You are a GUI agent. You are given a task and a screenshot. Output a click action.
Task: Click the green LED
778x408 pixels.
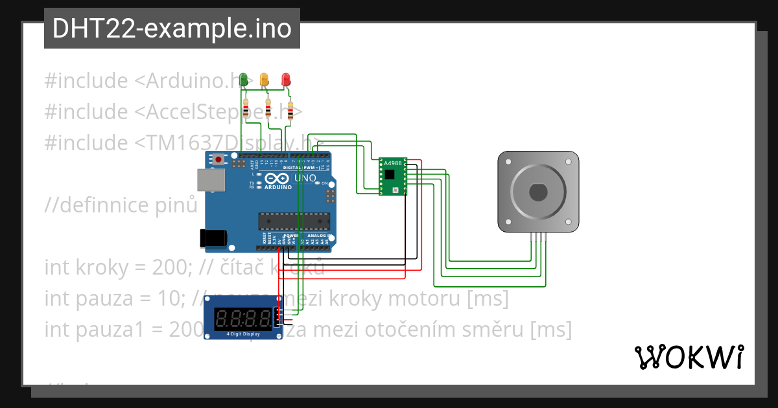(x=244, y=80)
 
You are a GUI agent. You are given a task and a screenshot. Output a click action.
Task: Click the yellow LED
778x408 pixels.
(x=265, y=80)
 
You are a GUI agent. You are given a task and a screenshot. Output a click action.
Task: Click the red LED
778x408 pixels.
(x=285, y=80)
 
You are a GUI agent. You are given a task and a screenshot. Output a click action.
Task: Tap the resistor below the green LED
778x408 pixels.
(x=246, y=111)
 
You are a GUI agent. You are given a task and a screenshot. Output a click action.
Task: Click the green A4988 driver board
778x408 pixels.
(x=392, y=176)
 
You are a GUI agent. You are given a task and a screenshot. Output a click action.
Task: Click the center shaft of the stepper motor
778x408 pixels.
(x=538, y=192)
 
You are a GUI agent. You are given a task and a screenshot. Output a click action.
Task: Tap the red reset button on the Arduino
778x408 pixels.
(x=219, y=159)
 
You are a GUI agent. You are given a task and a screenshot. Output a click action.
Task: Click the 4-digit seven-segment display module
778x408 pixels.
(x=241, y=317)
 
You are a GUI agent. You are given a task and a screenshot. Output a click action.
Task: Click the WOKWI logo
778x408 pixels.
(x=689, y=357)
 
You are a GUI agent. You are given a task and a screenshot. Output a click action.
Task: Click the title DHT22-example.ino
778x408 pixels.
(x=171, y=28)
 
